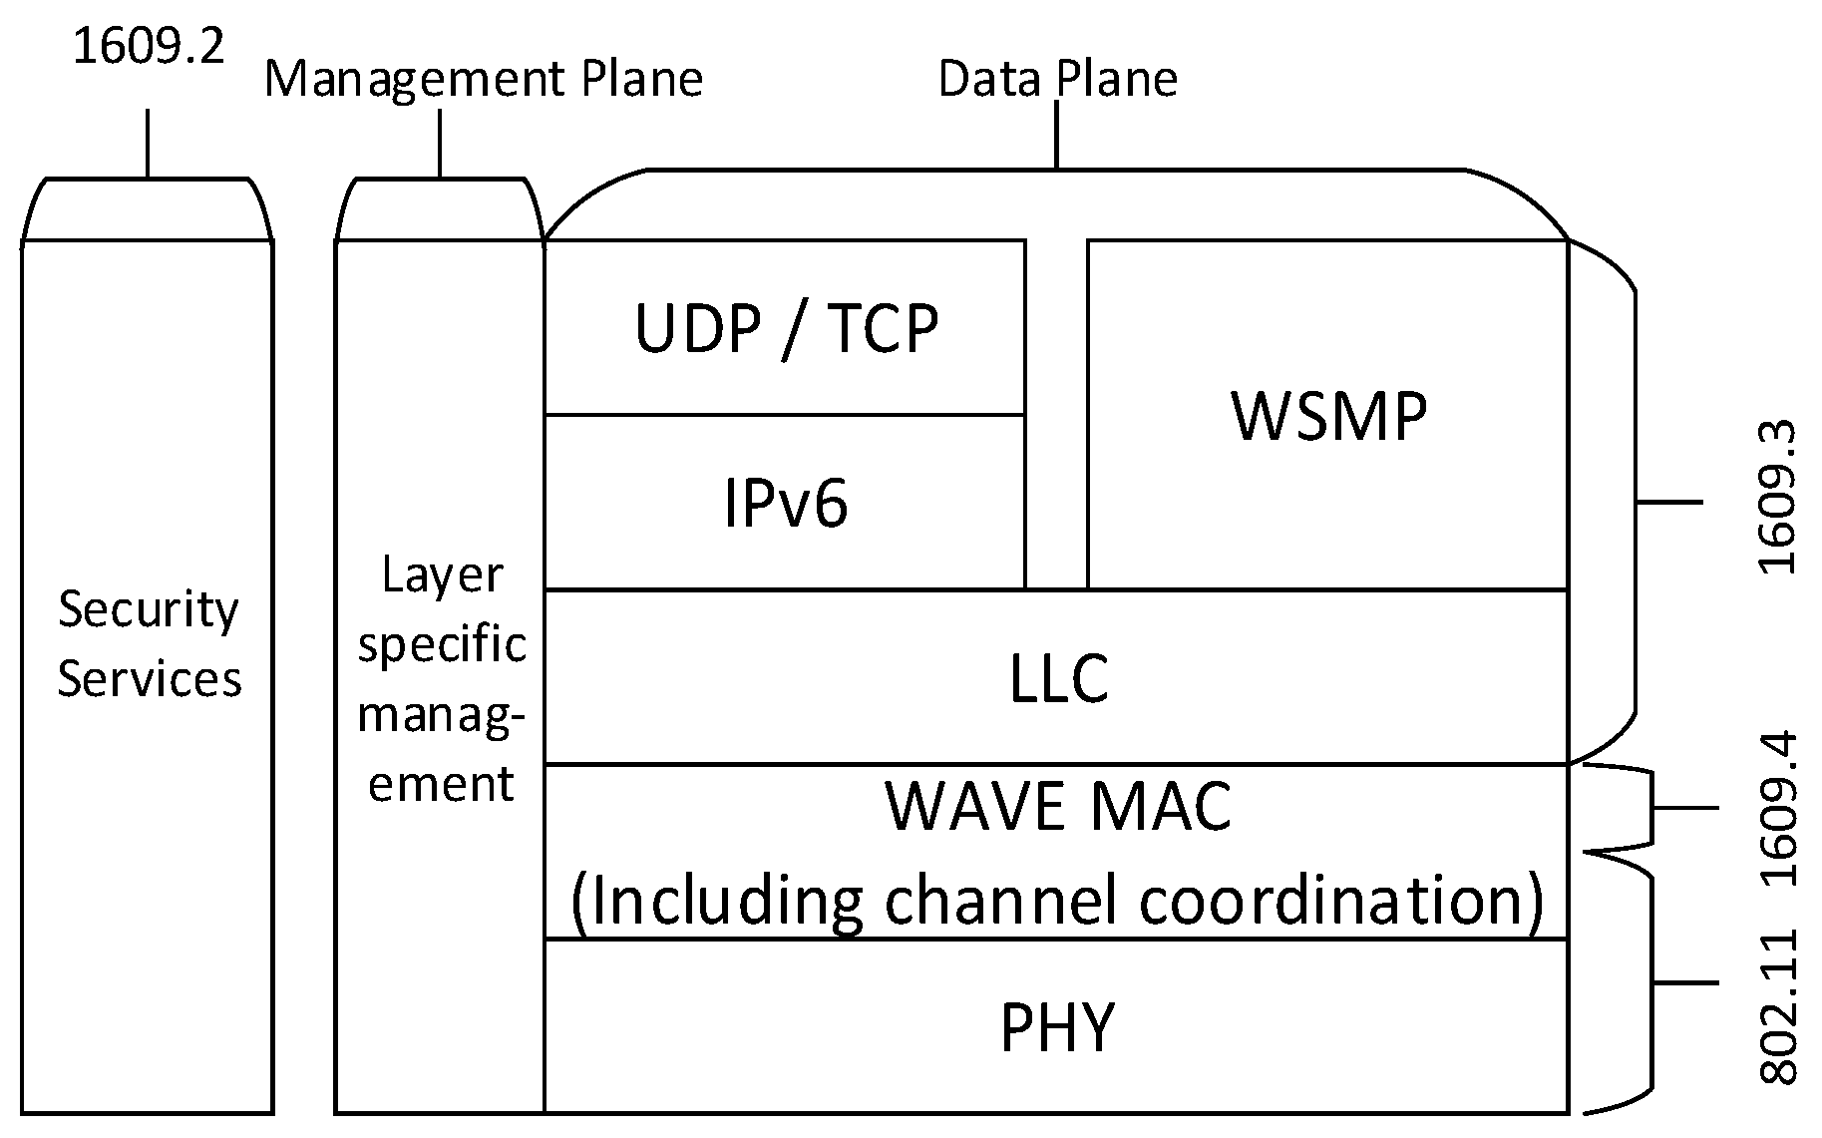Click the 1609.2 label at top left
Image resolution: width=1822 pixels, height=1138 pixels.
click(x=150, y=47)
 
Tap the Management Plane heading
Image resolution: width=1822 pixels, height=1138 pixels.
click(x=484, y=80)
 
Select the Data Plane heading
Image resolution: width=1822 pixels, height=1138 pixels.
click(x=1058, y=80)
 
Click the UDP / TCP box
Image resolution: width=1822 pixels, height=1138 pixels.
click(x=786, y=328)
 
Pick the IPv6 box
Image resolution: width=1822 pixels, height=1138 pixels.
click(x=786, y=503)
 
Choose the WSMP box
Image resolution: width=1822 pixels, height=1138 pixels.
click(x=1328, y=415)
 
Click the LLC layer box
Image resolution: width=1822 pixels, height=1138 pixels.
click(x=1058, y=678)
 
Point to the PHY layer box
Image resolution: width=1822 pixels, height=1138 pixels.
click(x=1056, y=1027)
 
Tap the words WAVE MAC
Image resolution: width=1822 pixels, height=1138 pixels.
click(x=1058, y=806)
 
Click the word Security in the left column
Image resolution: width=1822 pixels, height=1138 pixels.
click(x=149, y=609)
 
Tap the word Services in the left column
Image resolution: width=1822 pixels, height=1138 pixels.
click(x=149, y=679)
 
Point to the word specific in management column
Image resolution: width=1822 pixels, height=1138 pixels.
click(x=442, y=645)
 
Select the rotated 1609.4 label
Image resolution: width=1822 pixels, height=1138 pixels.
click(x=1778, y=809)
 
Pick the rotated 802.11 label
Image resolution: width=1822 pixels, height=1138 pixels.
click(x=1778, y=1007)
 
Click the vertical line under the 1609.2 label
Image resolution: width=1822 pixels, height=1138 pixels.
click(x=149, y=143)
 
